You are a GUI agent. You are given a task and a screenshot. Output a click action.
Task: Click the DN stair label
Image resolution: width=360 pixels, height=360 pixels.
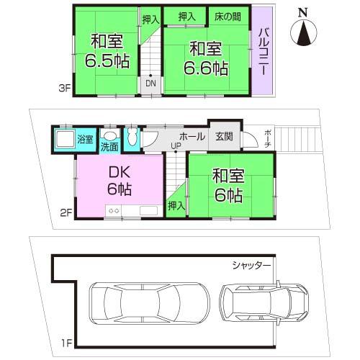[x=150, y=84]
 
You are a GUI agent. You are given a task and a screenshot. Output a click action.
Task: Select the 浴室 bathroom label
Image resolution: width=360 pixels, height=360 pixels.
[x=85, y=139]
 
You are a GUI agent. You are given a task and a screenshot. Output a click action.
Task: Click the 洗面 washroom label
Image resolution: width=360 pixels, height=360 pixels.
[x=109, y=148]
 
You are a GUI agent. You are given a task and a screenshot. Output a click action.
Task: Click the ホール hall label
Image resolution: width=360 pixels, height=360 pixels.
[x=192, y=135]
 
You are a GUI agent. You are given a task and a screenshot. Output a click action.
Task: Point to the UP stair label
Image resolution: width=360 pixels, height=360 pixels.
[x=176, y=146]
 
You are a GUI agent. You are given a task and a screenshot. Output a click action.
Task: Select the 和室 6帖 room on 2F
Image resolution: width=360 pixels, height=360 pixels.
[x=227, y=185]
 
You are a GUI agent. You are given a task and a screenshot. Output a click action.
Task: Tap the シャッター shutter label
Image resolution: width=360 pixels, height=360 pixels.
[x=251, y=265]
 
